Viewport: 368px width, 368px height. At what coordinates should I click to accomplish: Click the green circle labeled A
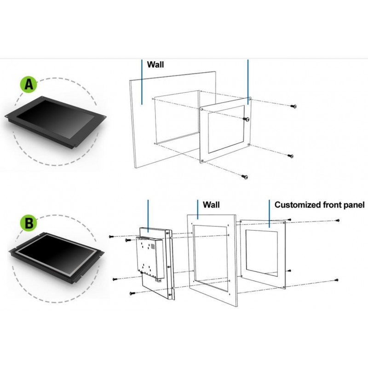29,86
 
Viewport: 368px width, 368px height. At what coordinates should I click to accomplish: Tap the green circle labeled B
29,224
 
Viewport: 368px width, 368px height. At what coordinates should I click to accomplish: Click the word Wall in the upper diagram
155,65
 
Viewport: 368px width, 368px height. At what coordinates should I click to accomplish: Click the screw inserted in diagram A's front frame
247,119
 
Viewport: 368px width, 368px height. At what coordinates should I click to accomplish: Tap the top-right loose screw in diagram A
293,106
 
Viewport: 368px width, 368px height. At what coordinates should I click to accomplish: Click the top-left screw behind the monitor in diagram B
111,236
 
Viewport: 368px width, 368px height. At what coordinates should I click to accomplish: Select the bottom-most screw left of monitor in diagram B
131,293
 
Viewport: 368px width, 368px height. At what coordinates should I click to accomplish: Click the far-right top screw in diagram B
338,221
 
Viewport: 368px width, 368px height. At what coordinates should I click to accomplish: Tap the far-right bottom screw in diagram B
338,280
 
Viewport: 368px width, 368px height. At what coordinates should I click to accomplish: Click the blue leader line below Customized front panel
269,213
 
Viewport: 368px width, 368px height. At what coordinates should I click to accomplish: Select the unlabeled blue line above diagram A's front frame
248,80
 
